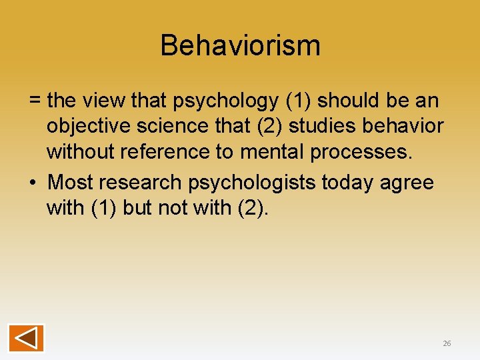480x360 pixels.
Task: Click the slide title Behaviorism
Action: point(240,45)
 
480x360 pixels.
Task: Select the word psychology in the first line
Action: point(226,101)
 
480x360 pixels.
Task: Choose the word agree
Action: point(408,182)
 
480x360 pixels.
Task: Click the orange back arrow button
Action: point(26,337)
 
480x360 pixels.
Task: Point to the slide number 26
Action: point(447,343)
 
